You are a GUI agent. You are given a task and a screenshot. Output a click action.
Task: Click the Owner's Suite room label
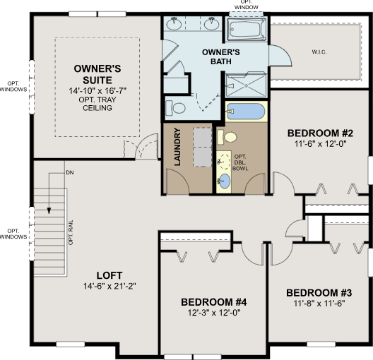(97, 74)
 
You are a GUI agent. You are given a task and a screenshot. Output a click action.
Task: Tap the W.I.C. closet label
(319, 52)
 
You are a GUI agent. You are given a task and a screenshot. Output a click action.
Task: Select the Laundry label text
(177, 147)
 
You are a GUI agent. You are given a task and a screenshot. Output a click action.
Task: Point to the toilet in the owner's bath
(175, 107)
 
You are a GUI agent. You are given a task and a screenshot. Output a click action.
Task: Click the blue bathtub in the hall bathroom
(246, 112)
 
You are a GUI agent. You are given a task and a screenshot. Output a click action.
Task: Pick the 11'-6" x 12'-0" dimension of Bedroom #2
(320, 144)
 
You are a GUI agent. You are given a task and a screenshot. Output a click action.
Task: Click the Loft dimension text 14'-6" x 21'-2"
(109, 286)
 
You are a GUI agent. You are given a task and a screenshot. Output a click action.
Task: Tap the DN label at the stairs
(70, 172)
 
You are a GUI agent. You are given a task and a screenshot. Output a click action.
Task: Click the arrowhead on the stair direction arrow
(49, 210)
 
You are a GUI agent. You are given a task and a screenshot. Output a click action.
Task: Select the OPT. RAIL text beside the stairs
(71, 232)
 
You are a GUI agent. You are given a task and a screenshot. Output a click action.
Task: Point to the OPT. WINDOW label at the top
(247, 5)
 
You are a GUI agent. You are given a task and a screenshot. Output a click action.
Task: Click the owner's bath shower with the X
(246, 85)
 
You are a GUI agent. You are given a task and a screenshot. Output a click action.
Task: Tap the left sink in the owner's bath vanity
(174, 23)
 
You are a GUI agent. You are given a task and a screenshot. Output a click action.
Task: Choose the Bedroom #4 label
(214, 302)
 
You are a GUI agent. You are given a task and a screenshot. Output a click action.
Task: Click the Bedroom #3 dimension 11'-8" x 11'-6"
(319, 304)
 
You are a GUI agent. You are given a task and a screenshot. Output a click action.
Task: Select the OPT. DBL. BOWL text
(240, 163)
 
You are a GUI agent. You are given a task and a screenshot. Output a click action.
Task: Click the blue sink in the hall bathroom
(224, 181)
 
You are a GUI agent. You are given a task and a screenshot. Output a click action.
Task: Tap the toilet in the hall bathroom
(227, 137)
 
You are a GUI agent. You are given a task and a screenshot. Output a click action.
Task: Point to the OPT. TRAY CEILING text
(97, 104)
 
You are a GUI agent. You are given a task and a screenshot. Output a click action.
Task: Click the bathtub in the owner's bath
(247, 30)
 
